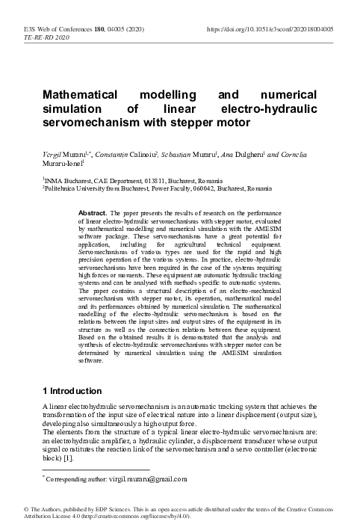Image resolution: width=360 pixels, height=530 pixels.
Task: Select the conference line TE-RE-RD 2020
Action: [x=45, y=37]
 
